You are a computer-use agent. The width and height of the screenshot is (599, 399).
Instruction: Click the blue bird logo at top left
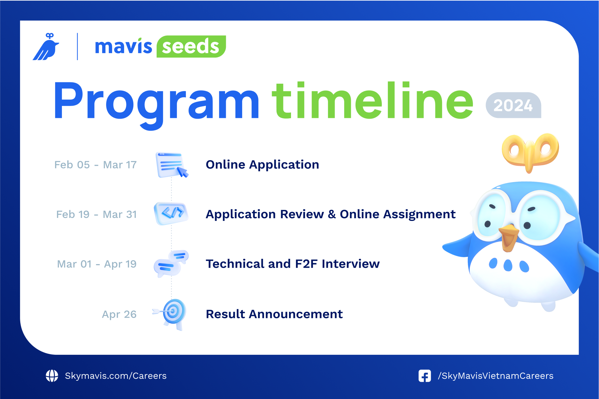pos(46,47)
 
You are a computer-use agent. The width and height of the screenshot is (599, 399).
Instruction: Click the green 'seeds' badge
pos(191,47)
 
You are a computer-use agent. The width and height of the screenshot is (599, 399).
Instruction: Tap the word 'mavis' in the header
pos(123,47)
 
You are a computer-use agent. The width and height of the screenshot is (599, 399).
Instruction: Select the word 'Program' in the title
pos(156,101)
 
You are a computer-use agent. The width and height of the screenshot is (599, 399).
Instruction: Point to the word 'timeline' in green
pos(373,101)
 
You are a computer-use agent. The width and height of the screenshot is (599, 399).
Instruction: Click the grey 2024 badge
pos(513,105)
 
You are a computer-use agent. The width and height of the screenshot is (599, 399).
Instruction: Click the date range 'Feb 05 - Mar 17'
pos(95,165)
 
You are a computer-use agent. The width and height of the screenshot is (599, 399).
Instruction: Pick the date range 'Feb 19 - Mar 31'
pos(96,214)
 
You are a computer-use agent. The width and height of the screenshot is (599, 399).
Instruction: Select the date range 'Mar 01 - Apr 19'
pos(97,264)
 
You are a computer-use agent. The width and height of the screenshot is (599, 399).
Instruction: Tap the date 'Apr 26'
pos(119,314)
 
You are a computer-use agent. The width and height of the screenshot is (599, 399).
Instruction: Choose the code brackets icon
pos(171,213)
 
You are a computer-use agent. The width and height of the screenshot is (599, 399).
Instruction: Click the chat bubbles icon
pos(171,263)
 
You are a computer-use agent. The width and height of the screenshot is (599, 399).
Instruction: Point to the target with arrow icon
pos(172,313)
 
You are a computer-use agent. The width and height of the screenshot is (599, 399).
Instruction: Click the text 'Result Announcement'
pos(274,314)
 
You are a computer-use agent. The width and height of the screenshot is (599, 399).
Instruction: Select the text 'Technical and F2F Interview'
pos(293,264)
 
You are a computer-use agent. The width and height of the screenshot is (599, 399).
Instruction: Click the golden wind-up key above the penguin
pos(530,151)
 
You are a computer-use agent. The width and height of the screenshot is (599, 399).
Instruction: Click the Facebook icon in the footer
pos(425,376)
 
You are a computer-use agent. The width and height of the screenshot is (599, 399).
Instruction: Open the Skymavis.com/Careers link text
pos(116,376)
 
